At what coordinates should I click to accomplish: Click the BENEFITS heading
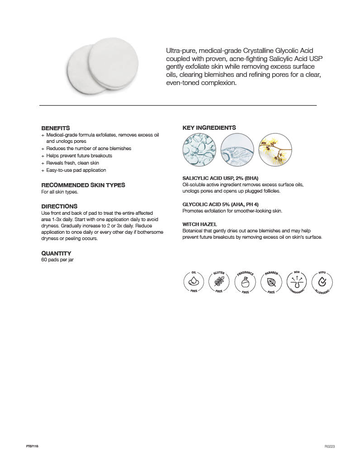point(56,128)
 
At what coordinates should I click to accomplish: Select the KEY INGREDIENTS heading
point(209,128)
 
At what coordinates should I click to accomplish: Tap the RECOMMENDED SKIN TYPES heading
point(83,185)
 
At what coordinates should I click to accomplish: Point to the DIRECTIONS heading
point(59,206)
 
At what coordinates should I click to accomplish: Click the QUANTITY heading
point(56,253)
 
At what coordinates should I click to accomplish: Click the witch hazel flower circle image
point(275,147)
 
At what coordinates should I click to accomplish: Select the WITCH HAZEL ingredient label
point(199,224)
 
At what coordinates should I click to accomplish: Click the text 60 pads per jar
point(57,260)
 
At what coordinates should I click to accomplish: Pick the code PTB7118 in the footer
point(32,446)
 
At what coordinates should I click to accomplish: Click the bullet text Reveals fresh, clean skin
point(72,163)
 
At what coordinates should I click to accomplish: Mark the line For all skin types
point(60,192)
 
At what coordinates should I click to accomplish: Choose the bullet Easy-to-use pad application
point(76,170)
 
